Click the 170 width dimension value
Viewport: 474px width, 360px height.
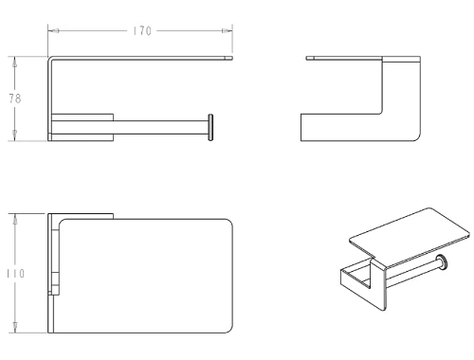tap(142, 31)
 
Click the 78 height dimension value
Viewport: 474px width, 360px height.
tap(15, 99)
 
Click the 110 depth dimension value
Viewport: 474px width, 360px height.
tap(16, 274)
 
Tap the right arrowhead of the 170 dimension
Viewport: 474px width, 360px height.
tap(227, 31)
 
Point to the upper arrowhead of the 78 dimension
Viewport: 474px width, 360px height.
tap(15, 63)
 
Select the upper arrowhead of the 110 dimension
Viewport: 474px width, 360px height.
tap(15, 220)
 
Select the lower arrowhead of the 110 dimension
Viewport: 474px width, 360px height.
tap(15, 327)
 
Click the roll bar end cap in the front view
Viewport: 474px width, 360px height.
tap(210, 127)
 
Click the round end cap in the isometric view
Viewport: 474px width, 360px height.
tap(442, 262)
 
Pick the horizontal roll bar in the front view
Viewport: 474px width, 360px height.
tap(161, 127)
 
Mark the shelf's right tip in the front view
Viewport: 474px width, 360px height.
tap(232, 58)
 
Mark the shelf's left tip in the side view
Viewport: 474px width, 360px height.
tap(306, 58)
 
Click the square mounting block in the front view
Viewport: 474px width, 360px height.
tap(82, 127)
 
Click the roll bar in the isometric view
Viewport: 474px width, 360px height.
tap(411, 273)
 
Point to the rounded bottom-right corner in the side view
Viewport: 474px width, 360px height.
tap(417, 137)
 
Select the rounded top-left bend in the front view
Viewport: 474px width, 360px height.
tap(50, 59)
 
